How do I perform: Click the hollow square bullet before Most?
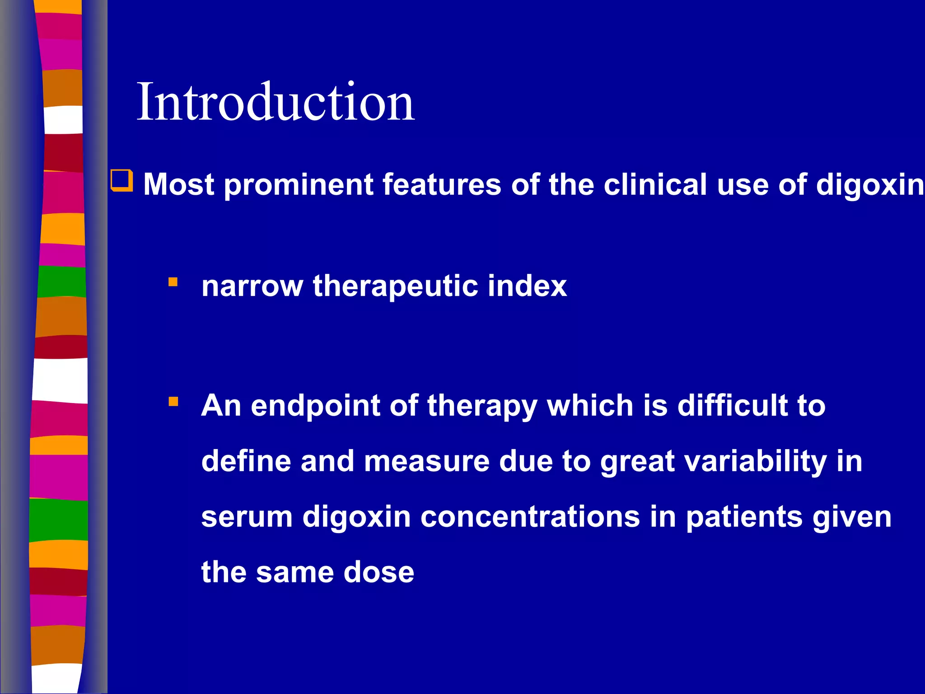[x=122, y=181]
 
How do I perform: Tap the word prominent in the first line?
[x=298, y=185]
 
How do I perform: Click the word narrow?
[x=252, y=286]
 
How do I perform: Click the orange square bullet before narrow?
[x=173, y=282]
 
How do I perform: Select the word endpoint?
[x=315, y=406]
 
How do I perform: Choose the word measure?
[x=427, y=462]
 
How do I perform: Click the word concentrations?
[x=530, y=517]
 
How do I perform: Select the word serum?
[x=247, y=517]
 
